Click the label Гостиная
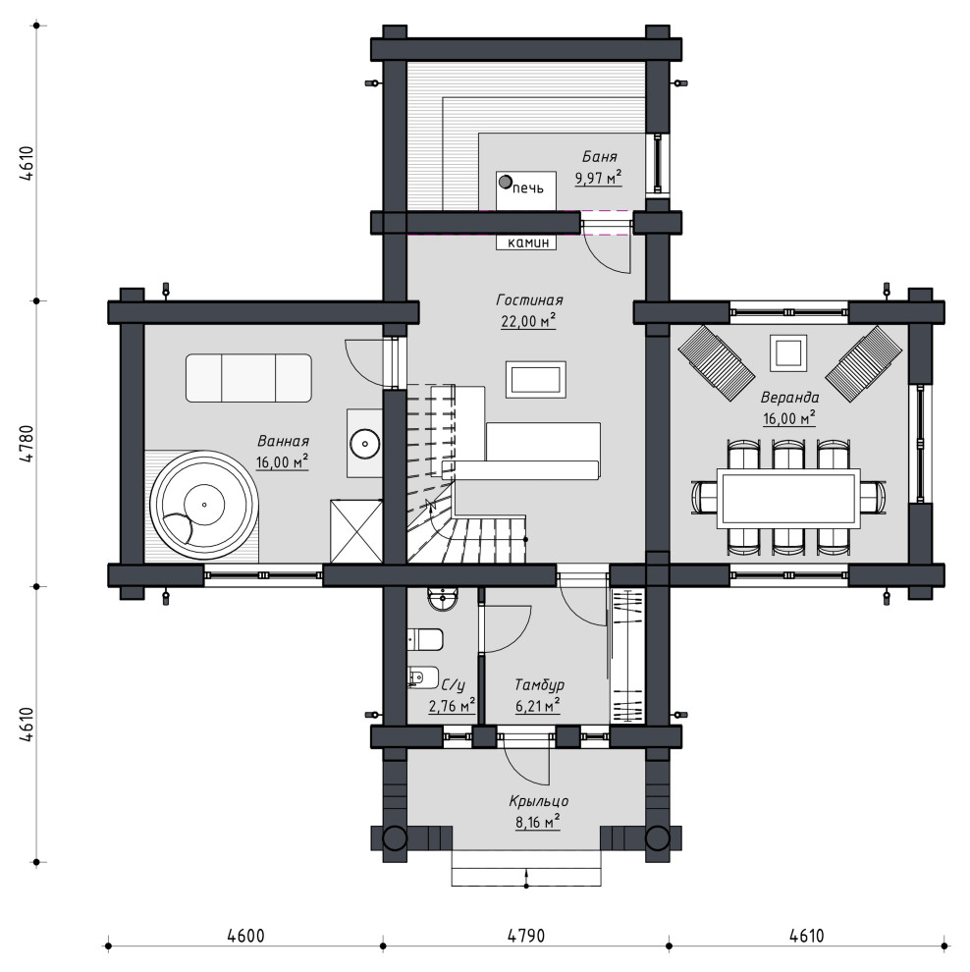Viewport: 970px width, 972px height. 529,300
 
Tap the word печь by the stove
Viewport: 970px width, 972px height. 528,188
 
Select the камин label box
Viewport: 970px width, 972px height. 526,243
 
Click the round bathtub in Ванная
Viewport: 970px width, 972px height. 204,506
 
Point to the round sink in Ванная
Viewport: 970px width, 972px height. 364,443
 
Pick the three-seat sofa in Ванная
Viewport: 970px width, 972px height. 248,378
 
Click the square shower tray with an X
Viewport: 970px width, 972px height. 356,531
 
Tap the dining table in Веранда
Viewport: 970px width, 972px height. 788,499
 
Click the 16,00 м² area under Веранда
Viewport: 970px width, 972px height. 788,418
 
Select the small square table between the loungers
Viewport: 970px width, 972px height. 788,353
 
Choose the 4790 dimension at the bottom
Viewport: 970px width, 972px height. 525,935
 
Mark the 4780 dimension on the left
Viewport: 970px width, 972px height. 27,444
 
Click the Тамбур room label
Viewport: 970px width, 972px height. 539,685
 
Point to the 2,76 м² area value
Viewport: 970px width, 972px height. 452,706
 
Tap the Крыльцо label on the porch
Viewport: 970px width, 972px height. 539,801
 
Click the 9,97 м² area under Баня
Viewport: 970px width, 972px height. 598,179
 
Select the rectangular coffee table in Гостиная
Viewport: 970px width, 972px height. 535,379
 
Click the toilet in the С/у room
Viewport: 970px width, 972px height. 425,640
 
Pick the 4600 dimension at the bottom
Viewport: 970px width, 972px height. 245,935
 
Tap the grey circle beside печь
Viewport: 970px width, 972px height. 506,183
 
